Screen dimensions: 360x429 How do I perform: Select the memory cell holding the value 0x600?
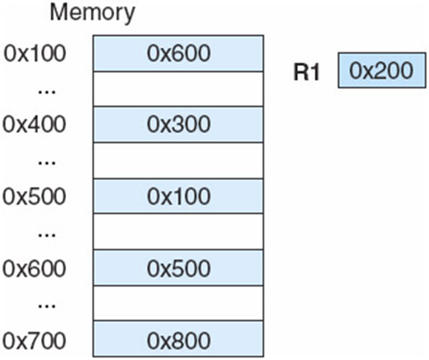point(178,53)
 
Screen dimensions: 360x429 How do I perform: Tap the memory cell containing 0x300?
point(178,124)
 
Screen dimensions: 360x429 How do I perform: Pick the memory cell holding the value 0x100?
point(178,195)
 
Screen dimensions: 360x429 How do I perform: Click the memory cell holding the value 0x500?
point(178,267)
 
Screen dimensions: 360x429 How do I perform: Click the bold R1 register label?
point(307,72)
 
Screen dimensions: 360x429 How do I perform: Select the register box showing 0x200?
point(381,72)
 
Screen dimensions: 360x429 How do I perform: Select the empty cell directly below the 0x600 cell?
point(178,88)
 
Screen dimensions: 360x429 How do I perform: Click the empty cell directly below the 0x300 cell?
point(178,160)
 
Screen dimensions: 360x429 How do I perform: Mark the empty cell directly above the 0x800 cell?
point(178,302)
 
